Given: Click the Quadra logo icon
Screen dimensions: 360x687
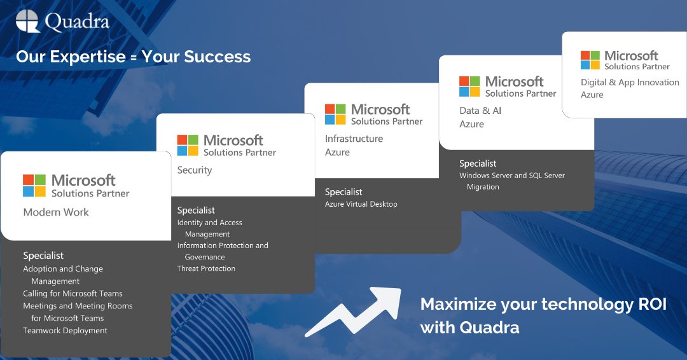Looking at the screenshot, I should pos(28,21).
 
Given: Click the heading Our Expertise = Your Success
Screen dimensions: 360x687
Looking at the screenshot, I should pos(133,57).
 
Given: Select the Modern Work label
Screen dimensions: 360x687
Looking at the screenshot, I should pos(56,212).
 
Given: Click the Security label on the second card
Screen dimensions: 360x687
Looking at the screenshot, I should pos(195,170).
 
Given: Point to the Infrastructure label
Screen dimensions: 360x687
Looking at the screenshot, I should pos(354,138).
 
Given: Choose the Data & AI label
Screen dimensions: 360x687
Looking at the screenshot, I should pos(480,110).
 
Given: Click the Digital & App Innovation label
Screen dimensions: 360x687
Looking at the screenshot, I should pos(630,82).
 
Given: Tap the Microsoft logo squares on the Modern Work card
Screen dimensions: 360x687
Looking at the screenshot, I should pos(34,185).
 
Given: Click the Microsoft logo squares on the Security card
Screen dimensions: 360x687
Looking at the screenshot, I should pos(188,145).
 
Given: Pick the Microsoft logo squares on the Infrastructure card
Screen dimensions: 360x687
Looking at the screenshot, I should pos(335,114).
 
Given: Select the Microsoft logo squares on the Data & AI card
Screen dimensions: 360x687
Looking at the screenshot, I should pos(469,87).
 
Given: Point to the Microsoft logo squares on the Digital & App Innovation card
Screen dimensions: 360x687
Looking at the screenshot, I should pos(590,60).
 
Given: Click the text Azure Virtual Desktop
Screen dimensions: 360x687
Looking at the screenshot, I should pos(361,204).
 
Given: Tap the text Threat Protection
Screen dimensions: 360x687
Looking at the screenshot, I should pos(206,268).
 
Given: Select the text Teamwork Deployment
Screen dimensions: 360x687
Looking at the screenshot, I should pos(66,330).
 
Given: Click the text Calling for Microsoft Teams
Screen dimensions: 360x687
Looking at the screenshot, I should pos(73,293).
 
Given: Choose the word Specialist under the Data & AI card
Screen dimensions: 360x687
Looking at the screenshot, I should pos(478,163).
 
